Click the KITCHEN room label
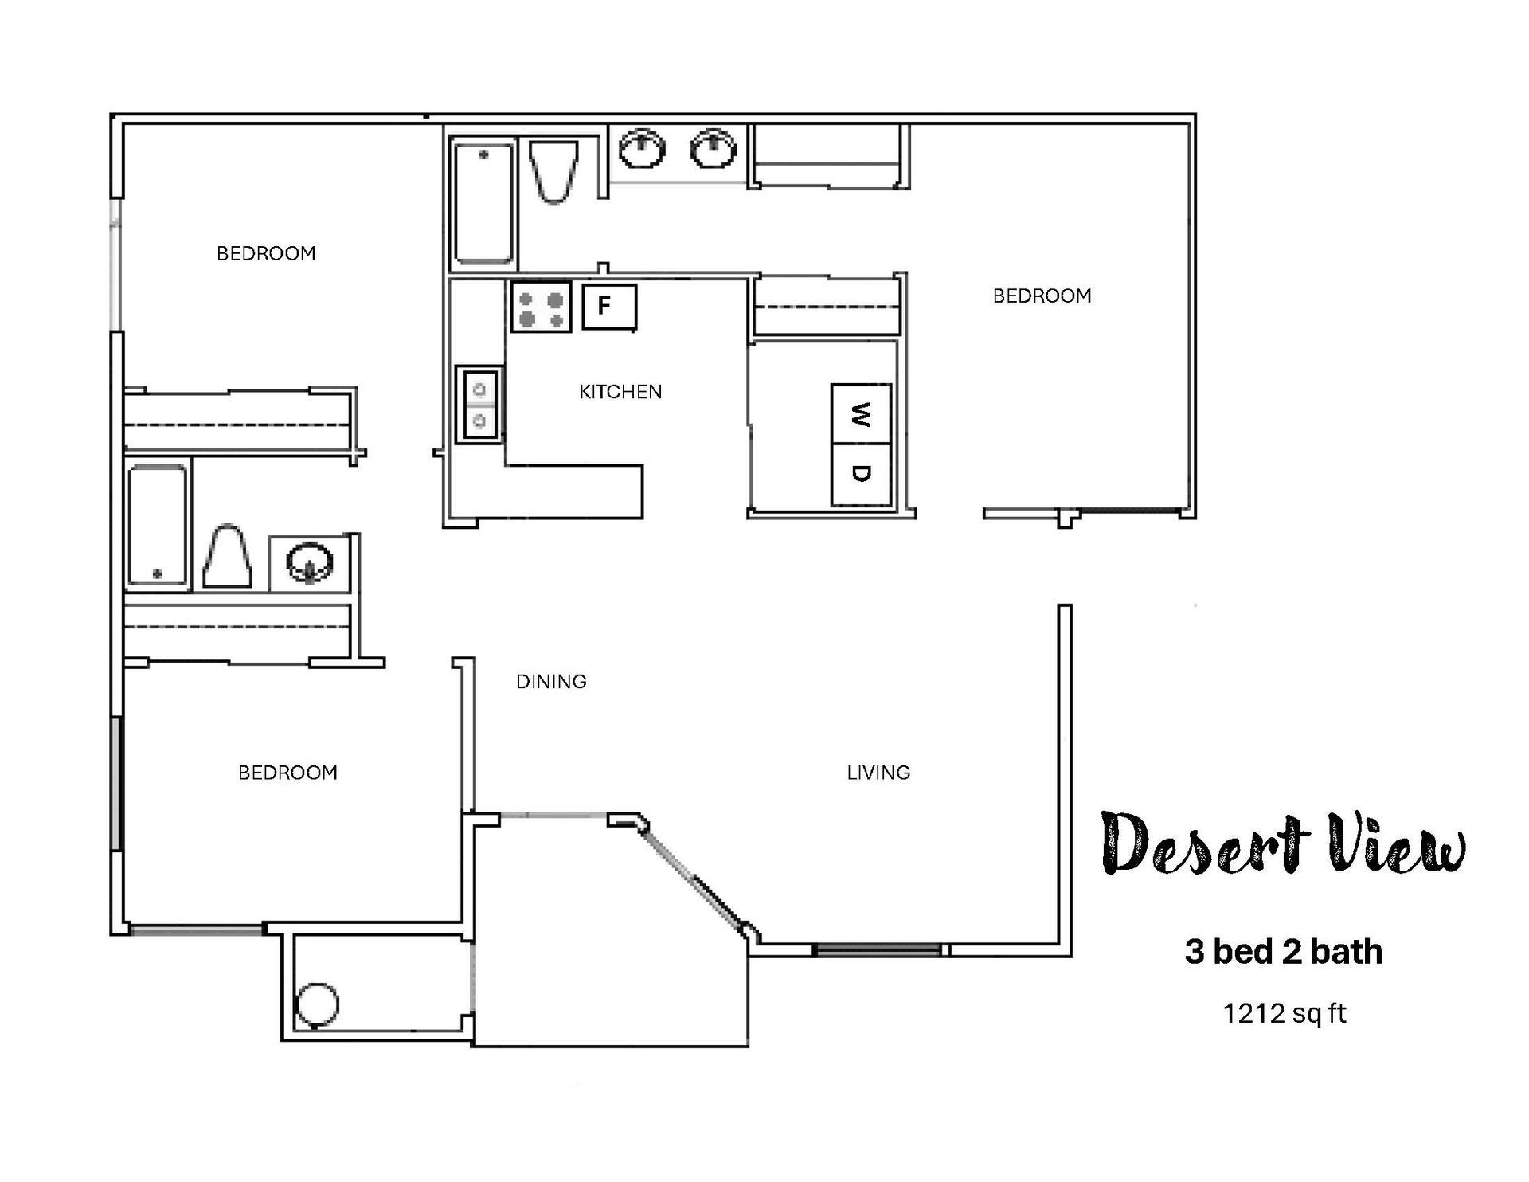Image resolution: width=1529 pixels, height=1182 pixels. click(620, 392)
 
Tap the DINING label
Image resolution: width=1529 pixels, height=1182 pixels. click(551, 682)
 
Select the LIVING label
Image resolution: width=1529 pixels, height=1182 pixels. click(878, 773)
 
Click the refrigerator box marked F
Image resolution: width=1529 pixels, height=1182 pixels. click(609, 306)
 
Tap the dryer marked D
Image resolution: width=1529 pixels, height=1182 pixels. click(861, 474)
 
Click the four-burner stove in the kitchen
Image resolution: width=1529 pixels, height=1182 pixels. click(541, 307)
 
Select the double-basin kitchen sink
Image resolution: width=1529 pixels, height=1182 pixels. click(479, 404)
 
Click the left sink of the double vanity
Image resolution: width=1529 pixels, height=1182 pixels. click(641, 149)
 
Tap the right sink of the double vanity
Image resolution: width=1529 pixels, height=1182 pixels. click(713, 149)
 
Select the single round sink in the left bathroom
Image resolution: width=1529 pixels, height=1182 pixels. click(309, 562)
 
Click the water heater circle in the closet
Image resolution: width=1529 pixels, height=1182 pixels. click(316, 1005)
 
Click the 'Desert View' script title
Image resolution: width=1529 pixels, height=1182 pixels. click(1282, 844)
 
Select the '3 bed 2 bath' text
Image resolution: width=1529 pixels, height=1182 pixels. click(1283, 952)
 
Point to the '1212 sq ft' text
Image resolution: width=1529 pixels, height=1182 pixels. click(1284, 1014)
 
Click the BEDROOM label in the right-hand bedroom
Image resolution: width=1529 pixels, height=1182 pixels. click(1042, 296)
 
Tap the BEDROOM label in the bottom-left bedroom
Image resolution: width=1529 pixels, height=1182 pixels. click(287, 773)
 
